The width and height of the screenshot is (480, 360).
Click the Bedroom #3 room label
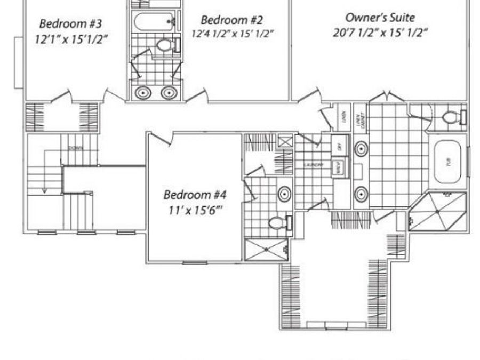pyautogui.click(x=71, y=23)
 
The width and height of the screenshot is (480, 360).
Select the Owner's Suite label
pyautogui.click(x=380, y=18)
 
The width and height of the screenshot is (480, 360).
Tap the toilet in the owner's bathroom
pyautogui.click(x=453, y=117)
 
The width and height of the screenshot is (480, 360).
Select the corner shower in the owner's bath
pyautogui.click(x=437, y=212)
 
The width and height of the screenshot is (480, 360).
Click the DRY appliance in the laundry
pyautogui.click(x=337, y=144)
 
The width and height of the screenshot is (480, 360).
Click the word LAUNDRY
pyautogui.click(x=314, y=165)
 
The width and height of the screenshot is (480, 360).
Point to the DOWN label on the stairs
pyautogui.click(x=76, y=148)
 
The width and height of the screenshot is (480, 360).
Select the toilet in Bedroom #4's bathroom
pyautogui.click(x=278, y=222)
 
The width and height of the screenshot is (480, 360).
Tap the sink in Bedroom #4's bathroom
pyautogui.click(x=284, y=193)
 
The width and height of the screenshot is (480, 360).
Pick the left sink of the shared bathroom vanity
pyautogui.click(x=143, y=93)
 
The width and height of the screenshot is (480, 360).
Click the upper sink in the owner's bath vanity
pyautogui.click(x=361, y=148)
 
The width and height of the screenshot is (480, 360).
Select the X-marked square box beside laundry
pyautogui.click(x=285, y=142)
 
